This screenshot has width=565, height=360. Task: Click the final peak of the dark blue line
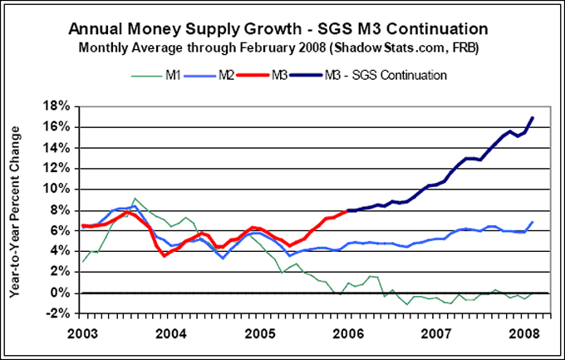click(533, 118)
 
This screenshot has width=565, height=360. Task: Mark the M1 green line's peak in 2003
click(135, 199)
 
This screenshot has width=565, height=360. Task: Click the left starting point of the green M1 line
click(81, 262)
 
